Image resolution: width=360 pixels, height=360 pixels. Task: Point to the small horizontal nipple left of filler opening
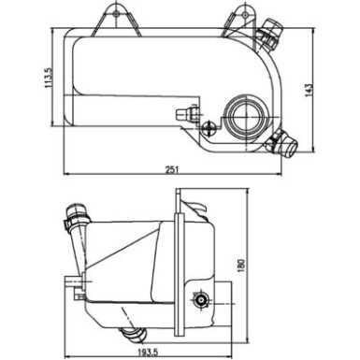tap(185, 115)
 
